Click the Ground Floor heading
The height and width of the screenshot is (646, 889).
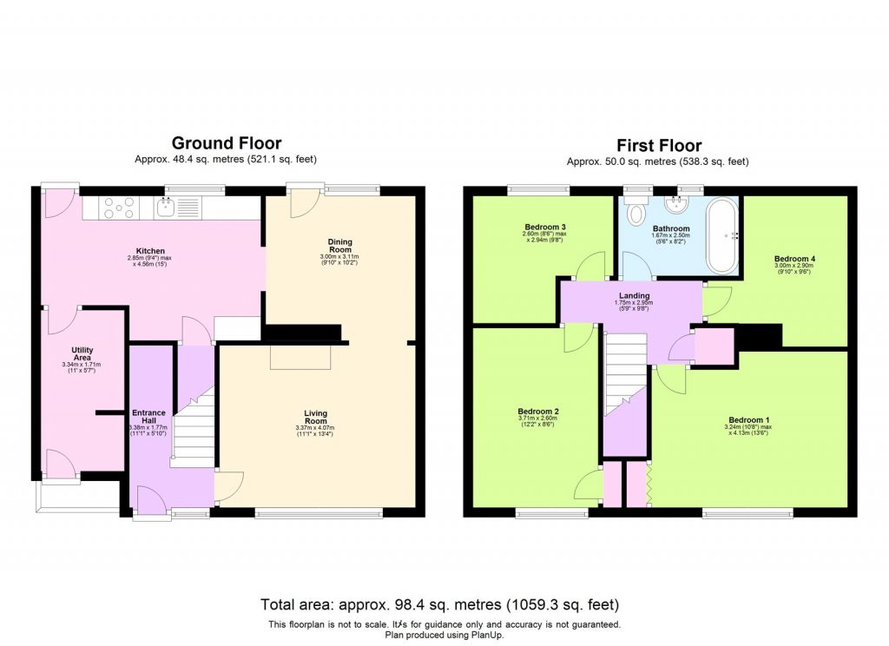pos(226,143)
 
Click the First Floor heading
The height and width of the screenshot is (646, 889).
pos(658,145)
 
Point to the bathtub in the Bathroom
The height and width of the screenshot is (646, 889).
pos(721,234)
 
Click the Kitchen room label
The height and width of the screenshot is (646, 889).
pos(151,251)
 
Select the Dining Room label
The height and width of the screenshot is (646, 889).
pos(339,247)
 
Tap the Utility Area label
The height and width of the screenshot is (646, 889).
pos(82,354)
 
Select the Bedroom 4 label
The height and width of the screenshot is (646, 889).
pos(794,259)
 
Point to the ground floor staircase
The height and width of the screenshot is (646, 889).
pos(194,425)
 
